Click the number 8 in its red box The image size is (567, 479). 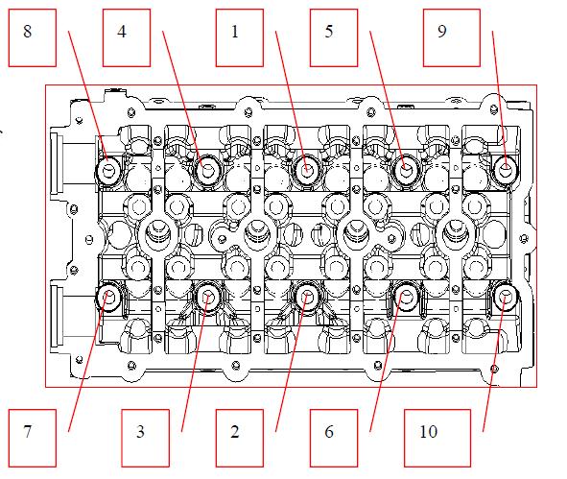point(28,32)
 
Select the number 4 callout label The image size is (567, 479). point(122,32)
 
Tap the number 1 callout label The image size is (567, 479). point(235,32)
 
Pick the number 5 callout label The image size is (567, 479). point(329,32)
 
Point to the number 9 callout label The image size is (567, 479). point(442,32)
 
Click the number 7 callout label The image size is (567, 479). point(28,431)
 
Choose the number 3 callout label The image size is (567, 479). point(141,431)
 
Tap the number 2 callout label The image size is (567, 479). point(235,431)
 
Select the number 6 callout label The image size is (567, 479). point(329,431)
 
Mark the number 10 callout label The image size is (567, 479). point(428,431)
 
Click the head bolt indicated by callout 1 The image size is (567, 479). point(307,169)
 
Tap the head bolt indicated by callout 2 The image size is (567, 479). point(307,297)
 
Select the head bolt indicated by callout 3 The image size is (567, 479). point(207,298)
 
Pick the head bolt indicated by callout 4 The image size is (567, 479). point(207,169)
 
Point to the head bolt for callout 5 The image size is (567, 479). point(406,169)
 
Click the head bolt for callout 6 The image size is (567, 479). point(406,297)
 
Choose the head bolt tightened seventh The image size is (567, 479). point(108,298)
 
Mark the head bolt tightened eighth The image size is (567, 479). point(108,170)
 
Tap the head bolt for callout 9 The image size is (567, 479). point(506,169)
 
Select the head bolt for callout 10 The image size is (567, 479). point(506,298)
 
